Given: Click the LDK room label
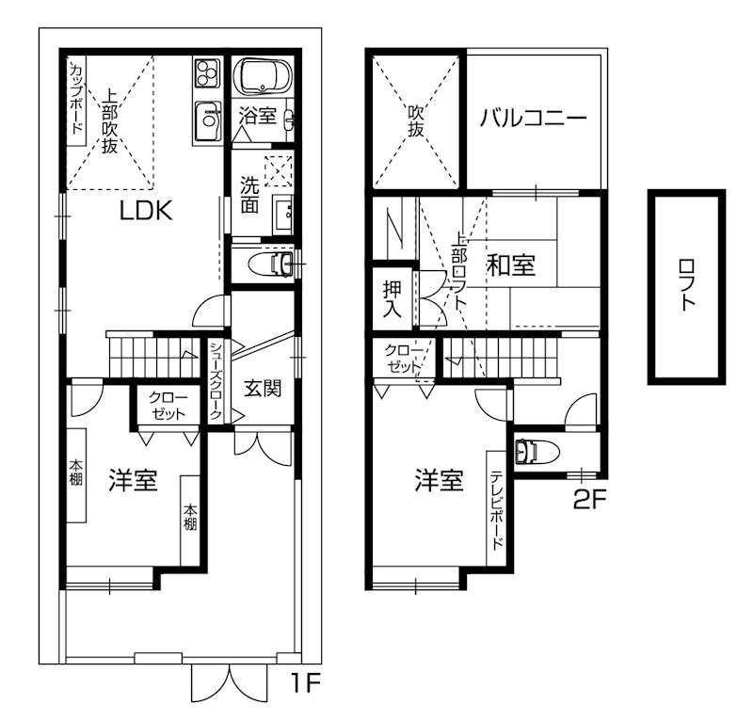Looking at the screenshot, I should [x=145, y=210].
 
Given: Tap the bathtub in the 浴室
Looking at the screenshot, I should [x=263, y=76].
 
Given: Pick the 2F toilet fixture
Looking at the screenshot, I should [x=533, y=452].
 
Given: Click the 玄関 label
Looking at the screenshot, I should [x=263, y=388].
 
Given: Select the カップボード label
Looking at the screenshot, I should [x=76, y=98].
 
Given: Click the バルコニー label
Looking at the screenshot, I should [x=533, y=119].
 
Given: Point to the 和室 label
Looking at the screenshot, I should [x=511, y=266].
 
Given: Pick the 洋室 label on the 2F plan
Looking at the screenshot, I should [x=439, y=481].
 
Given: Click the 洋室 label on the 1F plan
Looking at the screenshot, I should [x=132, y=480].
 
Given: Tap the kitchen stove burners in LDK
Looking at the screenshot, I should [x=207, y=72].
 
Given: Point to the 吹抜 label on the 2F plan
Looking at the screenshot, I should [x=415, y=120].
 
